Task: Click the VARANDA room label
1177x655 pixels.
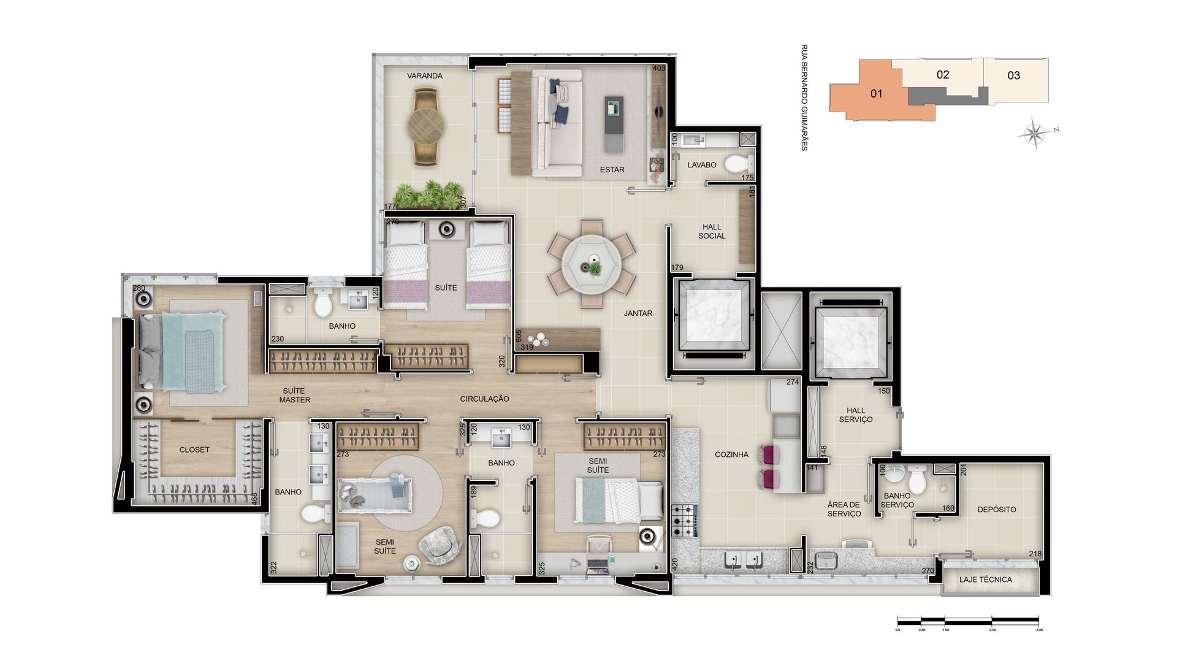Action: coord(425,76)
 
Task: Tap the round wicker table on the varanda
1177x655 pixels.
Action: coord(426,127)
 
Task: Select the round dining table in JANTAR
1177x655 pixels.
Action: coord(592,263)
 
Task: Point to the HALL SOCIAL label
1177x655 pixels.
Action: coord(712,231)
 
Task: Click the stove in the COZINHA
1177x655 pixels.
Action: coord(685,520)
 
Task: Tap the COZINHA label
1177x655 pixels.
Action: coord(731,454)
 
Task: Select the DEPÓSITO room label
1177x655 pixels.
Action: coord(997,510)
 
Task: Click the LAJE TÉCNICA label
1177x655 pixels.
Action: coord(986,580)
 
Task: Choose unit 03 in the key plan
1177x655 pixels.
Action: coord(1015,76)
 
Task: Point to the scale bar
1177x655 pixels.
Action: coord(968,621)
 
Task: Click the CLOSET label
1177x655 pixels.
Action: coord(194,450)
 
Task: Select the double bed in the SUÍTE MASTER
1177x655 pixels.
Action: coord(181,353)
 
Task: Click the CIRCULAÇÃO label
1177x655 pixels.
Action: coord(484,399)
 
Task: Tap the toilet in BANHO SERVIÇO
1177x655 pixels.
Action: coord(917,479)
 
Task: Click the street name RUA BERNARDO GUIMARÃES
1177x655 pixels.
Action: coord(804,98)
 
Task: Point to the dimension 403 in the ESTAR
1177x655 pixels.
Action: coord(658,68)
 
